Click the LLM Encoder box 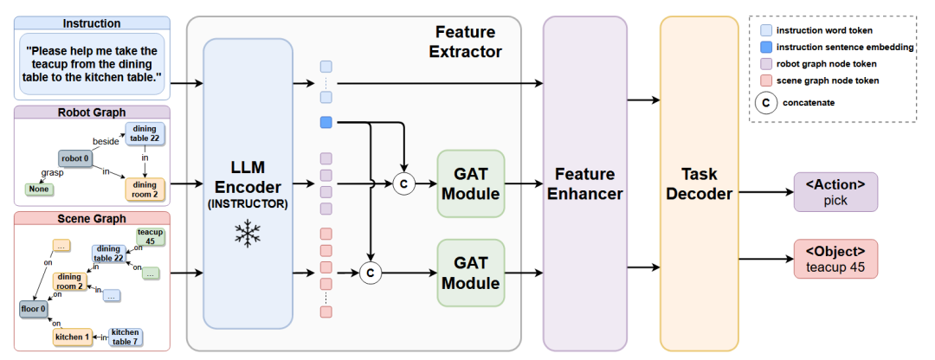coord(248,183)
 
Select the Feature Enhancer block coord(584,183)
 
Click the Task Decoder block coord(699,183)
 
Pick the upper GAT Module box coord(470,183)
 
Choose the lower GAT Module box coord(470,273)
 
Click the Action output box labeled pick coord(835,192)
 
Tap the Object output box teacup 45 coord(835,259)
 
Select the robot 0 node coord(76,158)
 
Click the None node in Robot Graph coord(37,189)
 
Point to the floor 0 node coord(33,309)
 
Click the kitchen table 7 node coord(126,337)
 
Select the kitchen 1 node coord(72,337)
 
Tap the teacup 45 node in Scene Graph coord(151,236)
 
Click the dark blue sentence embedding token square coord(326,123)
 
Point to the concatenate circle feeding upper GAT coord(403,183)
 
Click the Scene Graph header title coord(93,219)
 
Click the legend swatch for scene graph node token coord(766,80)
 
